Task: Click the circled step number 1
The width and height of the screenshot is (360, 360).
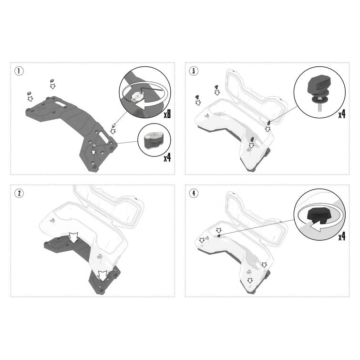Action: pos(19,71)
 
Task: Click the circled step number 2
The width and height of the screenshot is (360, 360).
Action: pos(19,193)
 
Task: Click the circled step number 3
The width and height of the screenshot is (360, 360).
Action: pos(194,71)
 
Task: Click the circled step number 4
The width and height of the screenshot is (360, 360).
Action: pos(194,193)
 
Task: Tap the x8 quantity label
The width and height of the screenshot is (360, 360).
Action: pos(167,113)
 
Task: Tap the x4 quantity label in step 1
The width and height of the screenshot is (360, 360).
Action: pos(167,157)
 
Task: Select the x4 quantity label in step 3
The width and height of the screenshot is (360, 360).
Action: pos(341,113)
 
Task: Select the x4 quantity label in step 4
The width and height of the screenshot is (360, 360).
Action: pos(341,236)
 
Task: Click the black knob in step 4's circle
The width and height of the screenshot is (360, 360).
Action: pos(317,215)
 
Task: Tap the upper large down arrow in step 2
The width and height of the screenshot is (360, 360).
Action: pos(74,237)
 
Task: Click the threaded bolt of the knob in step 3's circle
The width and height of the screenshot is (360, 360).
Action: pos(320,106)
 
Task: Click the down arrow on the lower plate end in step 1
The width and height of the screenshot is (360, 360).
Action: pos(93,152)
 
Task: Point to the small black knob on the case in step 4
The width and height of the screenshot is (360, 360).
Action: pos(218,236)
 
